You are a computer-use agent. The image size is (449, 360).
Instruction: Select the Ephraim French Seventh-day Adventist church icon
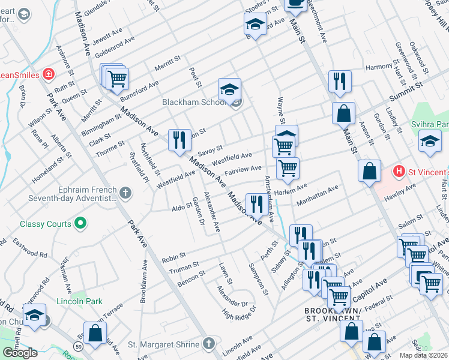point(125,193)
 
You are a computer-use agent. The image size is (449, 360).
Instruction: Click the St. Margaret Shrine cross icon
point(208,344)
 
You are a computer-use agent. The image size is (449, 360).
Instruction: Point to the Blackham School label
point(192,103)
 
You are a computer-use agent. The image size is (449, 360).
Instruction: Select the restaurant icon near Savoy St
point(179,140)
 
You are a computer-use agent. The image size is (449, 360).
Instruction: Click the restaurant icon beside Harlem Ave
point(256,204)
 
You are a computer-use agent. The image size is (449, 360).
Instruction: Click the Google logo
point(20,352)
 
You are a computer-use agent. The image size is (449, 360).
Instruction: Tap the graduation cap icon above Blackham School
point(229,89)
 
